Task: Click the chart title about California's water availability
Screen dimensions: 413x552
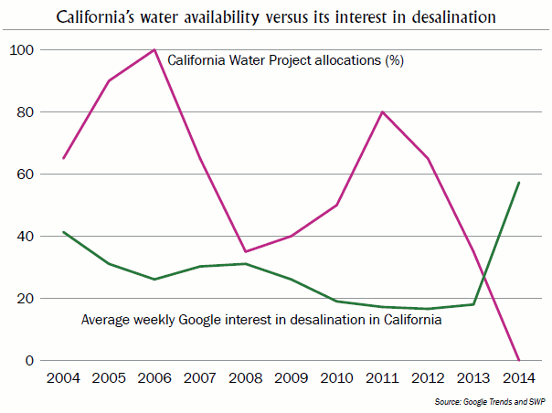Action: tap(275, 16)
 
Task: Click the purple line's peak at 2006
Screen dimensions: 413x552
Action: tap(154, 50)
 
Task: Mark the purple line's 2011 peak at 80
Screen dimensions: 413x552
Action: tap(382, 112)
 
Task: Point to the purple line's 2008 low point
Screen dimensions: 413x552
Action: tap(245, 251)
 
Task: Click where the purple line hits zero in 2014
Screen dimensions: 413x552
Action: tap(518, 360)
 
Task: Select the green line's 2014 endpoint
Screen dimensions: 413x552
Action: tap(518, 183)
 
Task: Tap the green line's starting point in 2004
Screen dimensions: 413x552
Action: tap(63, 232)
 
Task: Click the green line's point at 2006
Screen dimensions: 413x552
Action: tap(154, 280)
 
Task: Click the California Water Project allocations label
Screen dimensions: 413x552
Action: tap(285, 61)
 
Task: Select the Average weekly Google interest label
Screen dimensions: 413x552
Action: tap(261, 321)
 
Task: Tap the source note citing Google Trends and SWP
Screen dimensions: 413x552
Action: tap(493, 402)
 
